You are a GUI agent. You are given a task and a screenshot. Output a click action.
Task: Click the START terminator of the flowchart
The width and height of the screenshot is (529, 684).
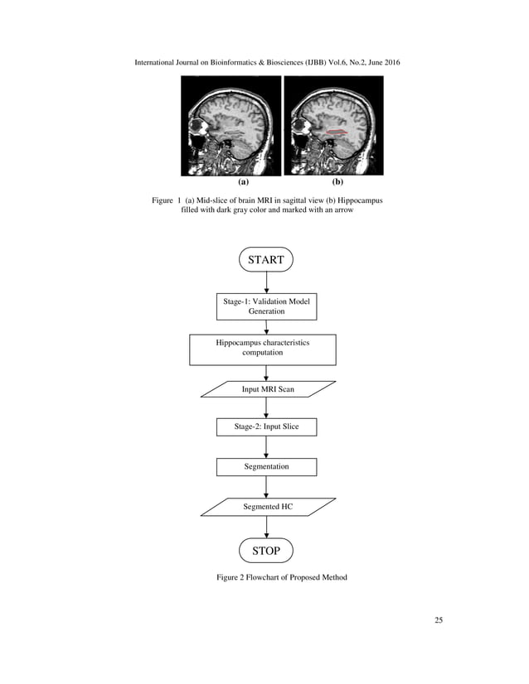coord(266,259)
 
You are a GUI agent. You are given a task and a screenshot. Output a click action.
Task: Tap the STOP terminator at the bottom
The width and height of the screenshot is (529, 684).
coord(266,550)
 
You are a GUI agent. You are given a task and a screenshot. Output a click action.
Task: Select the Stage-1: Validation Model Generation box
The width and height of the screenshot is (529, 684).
coord(266,306)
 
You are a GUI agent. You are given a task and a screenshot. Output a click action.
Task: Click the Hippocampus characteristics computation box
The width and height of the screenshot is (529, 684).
coord(263,349)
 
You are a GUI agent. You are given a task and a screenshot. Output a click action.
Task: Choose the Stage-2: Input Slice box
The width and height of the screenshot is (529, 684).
coord(266,426)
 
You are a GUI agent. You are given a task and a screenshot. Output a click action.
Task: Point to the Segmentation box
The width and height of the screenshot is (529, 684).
coord(266,466)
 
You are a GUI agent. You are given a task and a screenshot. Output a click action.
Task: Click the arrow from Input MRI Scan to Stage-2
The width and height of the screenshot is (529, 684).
coord(266,407)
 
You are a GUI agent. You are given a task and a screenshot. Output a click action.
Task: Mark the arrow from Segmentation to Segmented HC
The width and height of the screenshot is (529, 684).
coord(266,487)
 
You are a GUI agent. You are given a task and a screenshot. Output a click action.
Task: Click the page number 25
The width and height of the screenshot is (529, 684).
coord(439,621)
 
